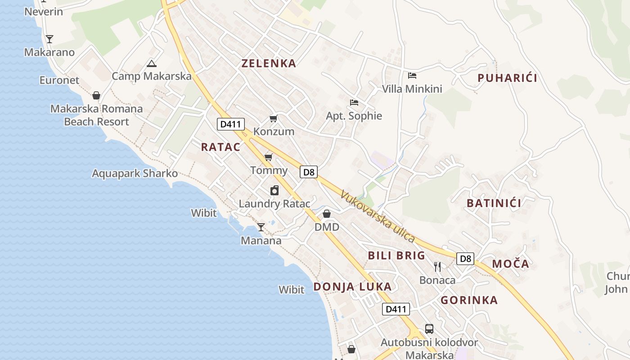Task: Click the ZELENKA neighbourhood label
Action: (269, 63)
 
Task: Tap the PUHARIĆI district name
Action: (507, 78)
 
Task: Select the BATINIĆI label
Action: (494, 203)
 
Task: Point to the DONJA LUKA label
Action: (352, 287)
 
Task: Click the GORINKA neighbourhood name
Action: (469, 300)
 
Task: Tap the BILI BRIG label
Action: (396, 256)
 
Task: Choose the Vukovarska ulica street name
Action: (377, 216)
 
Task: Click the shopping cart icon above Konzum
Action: (273, 118)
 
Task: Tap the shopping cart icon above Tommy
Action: (269, 157)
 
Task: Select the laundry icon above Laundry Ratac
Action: (274, 190)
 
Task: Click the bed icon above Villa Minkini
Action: (412, 76)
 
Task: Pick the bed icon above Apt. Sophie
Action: (354, 103)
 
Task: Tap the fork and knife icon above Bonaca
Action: (437, 267)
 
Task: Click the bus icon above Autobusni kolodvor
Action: (429, 329)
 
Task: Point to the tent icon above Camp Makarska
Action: (152, 63)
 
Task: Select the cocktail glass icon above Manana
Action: (261, 227)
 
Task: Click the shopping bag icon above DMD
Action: (327, 214)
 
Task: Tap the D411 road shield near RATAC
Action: (230, 124)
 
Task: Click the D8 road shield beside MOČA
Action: (466, 259)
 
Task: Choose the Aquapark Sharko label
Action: (135, 173)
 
